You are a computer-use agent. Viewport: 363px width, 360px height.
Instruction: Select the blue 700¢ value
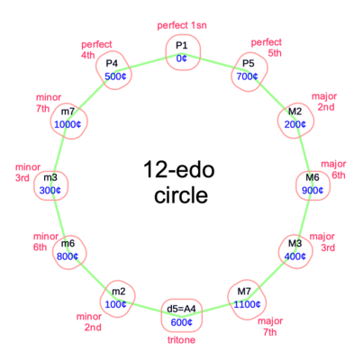point(247,76)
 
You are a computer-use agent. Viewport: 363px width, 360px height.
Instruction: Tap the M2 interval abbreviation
point(295,112)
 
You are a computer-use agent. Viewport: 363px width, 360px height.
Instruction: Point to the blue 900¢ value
point(313,190)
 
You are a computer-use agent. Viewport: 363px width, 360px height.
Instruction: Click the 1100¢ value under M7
point(247,304)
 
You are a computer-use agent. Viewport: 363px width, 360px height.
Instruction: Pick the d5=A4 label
point(181,309)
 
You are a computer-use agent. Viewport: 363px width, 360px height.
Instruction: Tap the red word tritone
point(181,340)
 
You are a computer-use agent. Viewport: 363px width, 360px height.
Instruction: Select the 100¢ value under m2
point(115,304)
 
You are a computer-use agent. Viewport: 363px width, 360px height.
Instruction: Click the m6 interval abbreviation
point(68,243)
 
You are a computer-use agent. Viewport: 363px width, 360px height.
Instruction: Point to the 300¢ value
point(50,190)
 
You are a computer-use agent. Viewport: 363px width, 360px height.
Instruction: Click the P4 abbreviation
point(112,63)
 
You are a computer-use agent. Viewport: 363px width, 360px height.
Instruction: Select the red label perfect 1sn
point(182,25)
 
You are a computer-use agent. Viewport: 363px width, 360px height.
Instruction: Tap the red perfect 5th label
point(267,48)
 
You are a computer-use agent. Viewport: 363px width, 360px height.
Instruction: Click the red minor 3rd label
point(28,173)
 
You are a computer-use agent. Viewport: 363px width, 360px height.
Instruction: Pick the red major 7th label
point(270,327)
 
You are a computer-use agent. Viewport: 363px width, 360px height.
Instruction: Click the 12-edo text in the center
point(179,169)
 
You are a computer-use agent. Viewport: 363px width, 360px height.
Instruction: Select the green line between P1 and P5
point(214,62)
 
